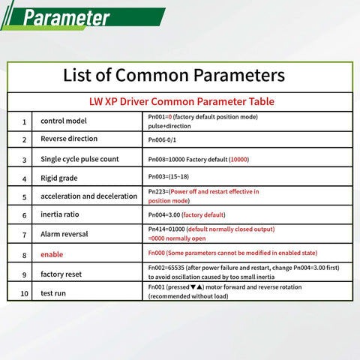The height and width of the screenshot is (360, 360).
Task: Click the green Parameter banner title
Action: [66, 18]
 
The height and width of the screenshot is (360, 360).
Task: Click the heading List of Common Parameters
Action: [173, 76]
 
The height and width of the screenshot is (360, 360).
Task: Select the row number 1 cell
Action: [24, 121]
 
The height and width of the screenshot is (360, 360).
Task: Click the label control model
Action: [64, 121]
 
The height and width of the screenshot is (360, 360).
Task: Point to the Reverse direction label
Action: [69, 139]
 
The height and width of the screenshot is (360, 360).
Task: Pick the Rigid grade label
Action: [59, 178]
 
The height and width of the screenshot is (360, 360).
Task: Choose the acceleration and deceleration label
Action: [89, 196]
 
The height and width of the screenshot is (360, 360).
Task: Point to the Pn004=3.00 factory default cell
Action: [187, 215]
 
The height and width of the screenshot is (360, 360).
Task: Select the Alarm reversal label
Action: [64, 234]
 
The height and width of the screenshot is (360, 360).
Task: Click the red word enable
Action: [52, 254]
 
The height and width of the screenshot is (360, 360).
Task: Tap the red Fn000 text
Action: [157, 254]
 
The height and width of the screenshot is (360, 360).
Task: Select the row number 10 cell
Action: [24, 293]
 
